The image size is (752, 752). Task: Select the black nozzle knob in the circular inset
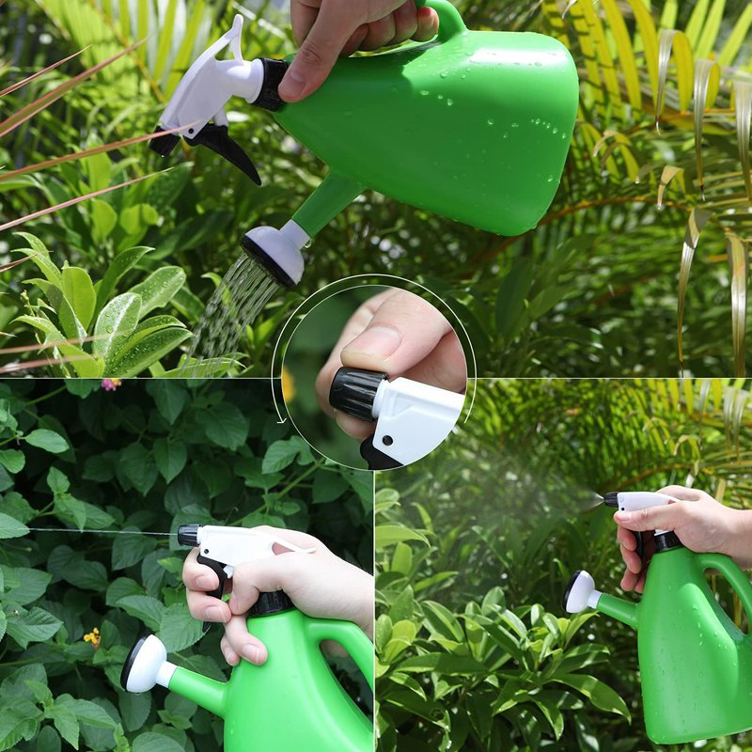[356, 393]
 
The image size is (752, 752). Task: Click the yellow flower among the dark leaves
[92, 637]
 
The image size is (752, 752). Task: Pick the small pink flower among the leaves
[110, 384]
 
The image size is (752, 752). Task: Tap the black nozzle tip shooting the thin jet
[188, 536]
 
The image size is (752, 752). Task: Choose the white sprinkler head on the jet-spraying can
[145, 664]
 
